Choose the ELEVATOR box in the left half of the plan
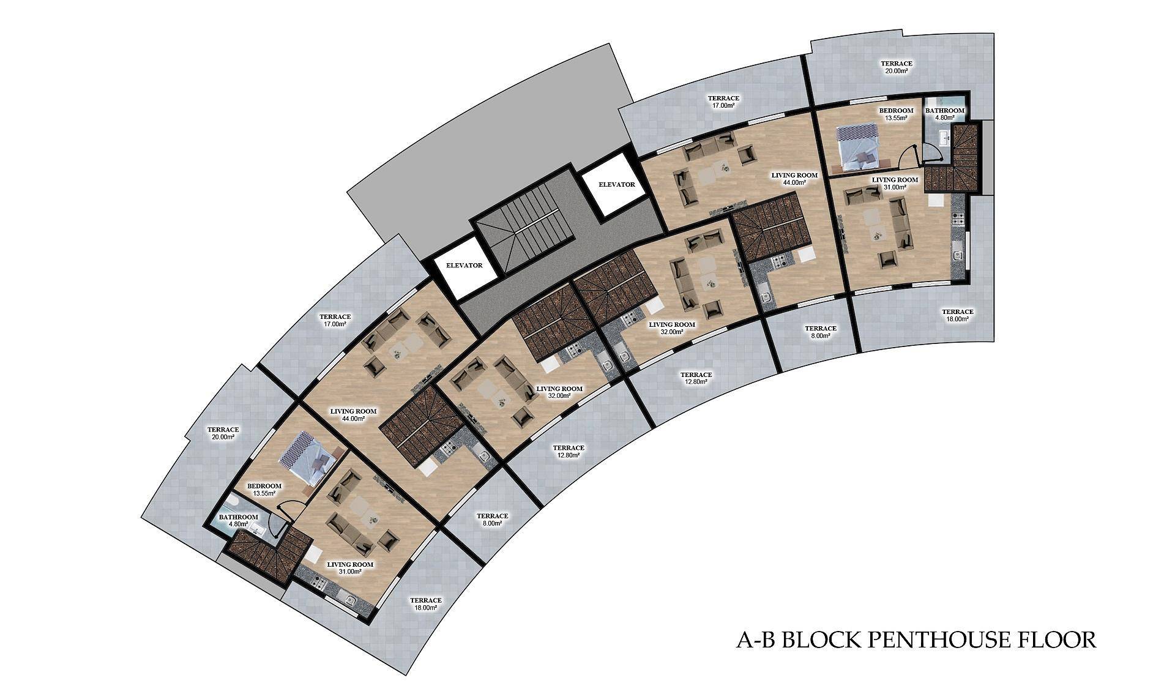(464, 266)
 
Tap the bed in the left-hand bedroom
(312, 459)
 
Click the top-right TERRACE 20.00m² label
(896, 67)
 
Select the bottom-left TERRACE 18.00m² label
(425, 604)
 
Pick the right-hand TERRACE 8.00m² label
(820, 332)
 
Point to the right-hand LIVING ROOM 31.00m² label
(895, 184)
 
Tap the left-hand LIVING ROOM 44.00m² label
(353, 415)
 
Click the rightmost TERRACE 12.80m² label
(696, 378)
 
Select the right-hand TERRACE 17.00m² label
(723, 102)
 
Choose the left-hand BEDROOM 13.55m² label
(264, 490)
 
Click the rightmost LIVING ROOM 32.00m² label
(671, 328)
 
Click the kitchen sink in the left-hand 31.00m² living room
(350, 600)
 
